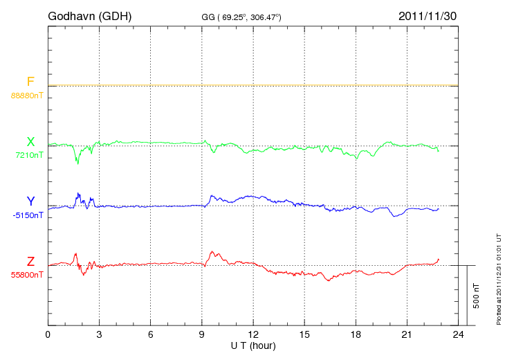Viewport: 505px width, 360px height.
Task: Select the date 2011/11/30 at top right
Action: (427, 15)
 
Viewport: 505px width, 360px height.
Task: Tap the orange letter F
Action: (30, 82)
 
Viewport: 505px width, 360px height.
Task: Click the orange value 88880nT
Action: (27, 96)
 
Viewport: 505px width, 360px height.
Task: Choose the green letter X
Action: (30, 142)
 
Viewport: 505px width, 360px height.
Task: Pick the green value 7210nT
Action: (29, 156)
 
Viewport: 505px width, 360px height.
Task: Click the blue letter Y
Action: (30, 201)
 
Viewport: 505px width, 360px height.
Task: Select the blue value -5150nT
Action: (28, 215)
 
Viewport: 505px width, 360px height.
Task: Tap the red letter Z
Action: (30, 262)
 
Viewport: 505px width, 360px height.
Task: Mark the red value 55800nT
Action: (27, 275)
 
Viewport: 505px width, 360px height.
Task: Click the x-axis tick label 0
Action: (48, 335)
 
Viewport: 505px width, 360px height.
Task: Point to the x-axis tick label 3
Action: (99, 335)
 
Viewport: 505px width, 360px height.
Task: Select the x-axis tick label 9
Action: (202, 335)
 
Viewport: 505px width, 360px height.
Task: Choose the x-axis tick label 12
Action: (253, 335)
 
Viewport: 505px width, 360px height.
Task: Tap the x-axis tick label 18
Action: (356, 335)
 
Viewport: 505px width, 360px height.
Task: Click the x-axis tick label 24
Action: (458, 335)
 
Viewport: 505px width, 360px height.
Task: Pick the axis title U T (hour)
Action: (253, 345)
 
